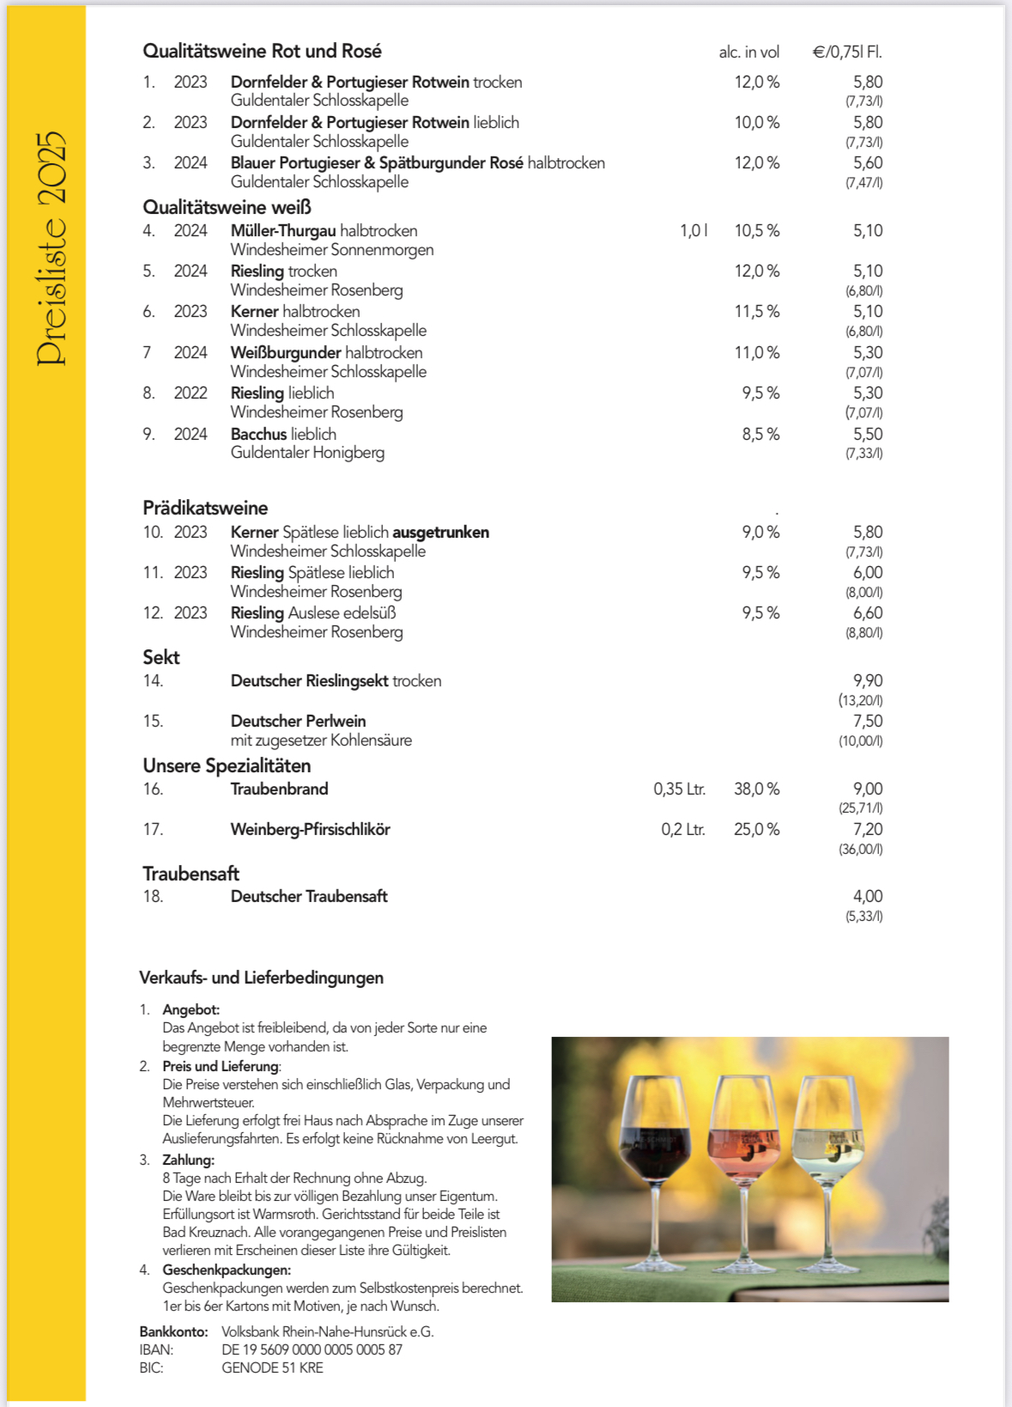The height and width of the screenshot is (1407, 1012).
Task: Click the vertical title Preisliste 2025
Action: tap(50, 249)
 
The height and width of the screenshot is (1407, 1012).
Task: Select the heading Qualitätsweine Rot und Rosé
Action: tap(262, 52)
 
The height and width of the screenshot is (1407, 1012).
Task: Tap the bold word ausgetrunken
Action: tap(440, 533)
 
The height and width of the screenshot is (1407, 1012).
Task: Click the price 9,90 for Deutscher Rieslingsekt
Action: tap(867, 681)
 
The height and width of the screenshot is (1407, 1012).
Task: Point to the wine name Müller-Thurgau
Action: tap(283, 231)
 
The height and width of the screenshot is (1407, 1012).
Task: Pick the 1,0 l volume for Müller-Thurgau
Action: tap(694, 231)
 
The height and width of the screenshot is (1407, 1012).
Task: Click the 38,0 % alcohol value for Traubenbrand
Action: tap(756, 789)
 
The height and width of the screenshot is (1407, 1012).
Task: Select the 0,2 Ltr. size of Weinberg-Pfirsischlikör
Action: tap(683, 830)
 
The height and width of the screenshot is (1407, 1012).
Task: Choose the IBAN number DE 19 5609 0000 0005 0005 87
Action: tap(312, 1350)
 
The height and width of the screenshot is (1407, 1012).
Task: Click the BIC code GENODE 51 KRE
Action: tap(272, 1368)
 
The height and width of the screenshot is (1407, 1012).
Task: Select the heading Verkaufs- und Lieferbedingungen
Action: tap(261, 978)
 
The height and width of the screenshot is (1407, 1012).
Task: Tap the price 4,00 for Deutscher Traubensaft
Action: tap(867, 897)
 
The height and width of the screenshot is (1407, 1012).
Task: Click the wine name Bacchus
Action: tap(258, 435)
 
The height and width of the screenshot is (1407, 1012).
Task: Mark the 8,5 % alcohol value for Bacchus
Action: tap(761, 435)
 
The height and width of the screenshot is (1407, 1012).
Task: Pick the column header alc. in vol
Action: tap(748, 52)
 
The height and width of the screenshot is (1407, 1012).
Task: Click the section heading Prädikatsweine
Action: tap(205, 509)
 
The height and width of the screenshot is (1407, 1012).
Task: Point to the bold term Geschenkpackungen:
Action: tap(227, 1270)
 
